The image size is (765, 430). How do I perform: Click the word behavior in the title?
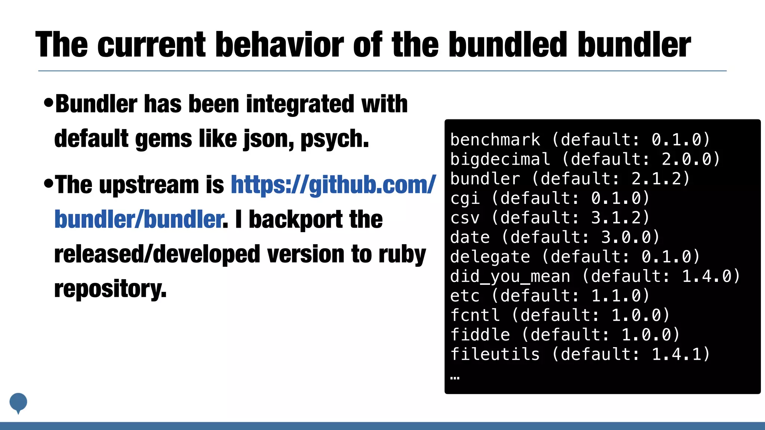(279, 45)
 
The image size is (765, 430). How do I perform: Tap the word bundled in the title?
(508, 45)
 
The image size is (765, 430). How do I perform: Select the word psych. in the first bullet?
(335, 139)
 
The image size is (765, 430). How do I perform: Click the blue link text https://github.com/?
(333, 185)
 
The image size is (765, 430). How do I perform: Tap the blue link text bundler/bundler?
(139, 219)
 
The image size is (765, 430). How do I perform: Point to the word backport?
(295, 219)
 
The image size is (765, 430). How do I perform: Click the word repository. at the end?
(110, 289)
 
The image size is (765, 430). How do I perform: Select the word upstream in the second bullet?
(149, 185)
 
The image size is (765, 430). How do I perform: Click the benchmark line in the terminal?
(580, 140)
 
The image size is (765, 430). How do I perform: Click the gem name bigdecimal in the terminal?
(500, 159)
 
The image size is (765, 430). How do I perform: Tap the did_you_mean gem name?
(510, 277)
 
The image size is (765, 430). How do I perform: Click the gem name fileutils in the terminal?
(495, 354)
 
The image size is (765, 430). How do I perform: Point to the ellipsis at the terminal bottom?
(455, 378)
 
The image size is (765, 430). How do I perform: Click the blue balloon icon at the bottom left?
(18, 402)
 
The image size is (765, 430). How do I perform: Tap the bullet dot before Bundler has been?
(49, 103)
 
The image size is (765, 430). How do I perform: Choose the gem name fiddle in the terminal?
(480, 335)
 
